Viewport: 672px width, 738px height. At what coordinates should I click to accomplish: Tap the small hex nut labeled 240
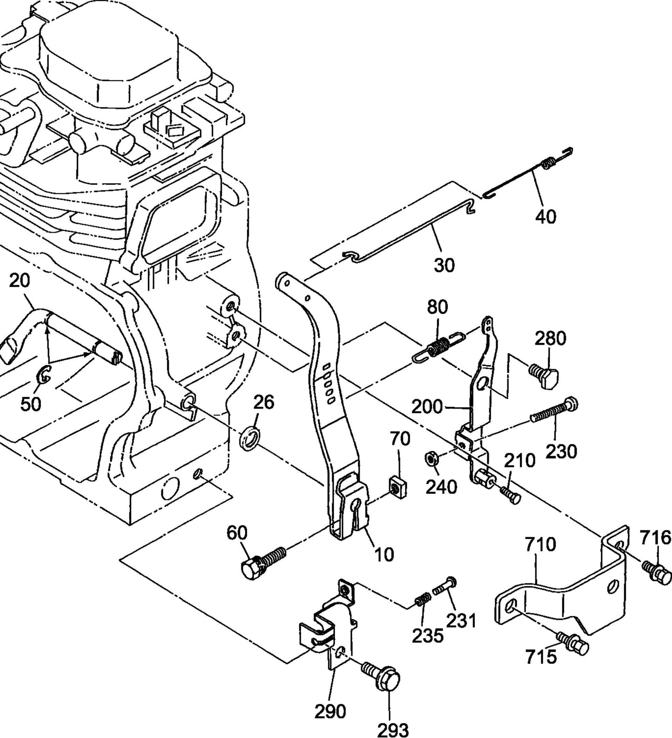(431, 459)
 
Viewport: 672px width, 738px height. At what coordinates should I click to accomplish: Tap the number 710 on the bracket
(540, 544)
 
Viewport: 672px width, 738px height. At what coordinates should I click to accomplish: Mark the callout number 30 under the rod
(444, 265)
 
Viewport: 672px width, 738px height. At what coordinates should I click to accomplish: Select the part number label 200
(427, 407)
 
